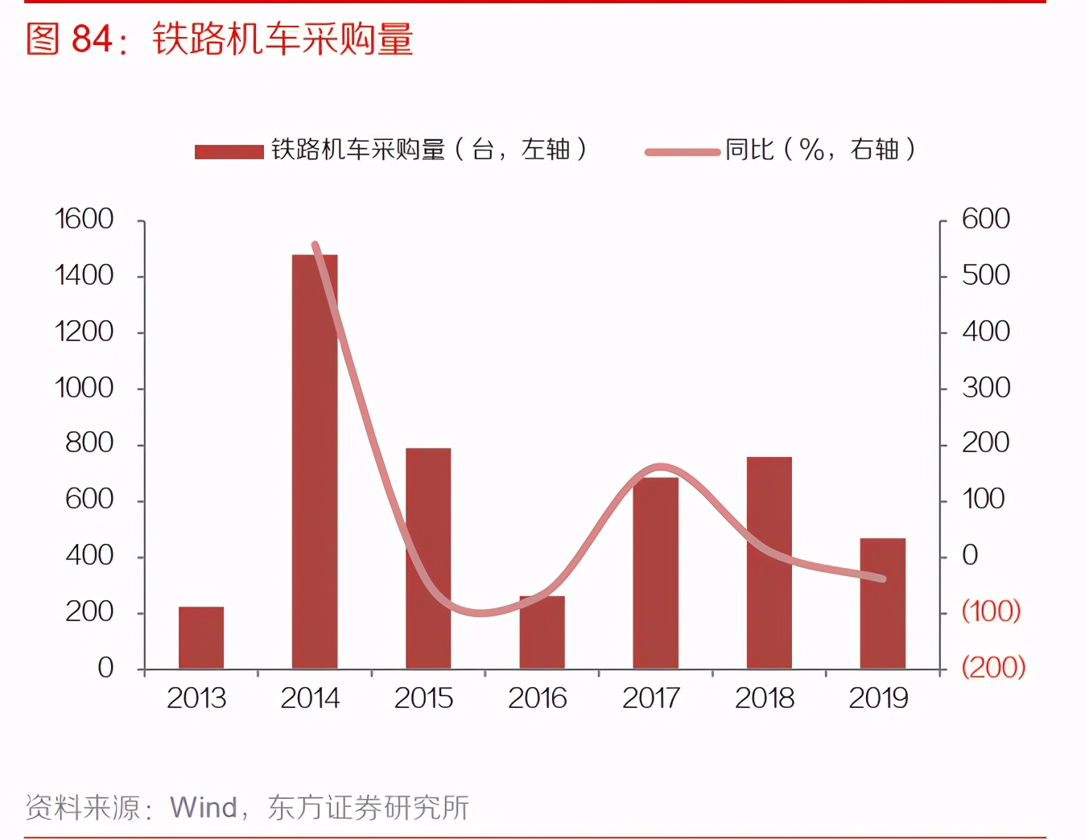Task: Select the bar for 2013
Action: pyautogui.click(x=201, y=637)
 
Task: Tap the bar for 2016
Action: pyautogui.click(x=542, y=632)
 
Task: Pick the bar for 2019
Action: pyautogui.click(x=882, y=603)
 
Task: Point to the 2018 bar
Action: pyautogui.click(x=769, y=562)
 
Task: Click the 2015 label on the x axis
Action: pyautogui.click(x=423, y=698)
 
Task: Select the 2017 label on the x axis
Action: pyautogui.click(x=651, y=698)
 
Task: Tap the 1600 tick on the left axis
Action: pyautogui.click(x=84, y=219)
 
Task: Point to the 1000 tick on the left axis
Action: pyautogui.click(x=84, y=388)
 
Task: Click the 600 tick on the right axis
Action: pyautogui.click(x=986, y=219)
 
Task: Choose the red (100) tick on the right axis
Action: pyautogui.click(x=992, y=611)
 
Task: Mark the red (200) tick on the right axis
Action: pyautogui.click(x=993, y=667)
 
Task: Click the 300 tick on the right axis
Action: pyautogui.click(x=986, y=388)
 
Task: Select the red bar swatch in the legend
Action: pyautogui.click(x=229, y=151)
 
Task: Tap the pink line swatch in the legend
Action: pyautogui.click(x=682, y=151)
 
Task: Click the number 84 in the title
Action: pyautogui.click(x=92, y=39)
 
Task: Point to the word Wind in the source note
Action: pyautogui.click(x=204, y=807)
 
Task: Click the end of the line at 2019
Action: pyautogui.click(x=883, y=579)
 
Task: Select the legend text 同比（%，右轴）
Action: pyautogui.click(x=820, y=150)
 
